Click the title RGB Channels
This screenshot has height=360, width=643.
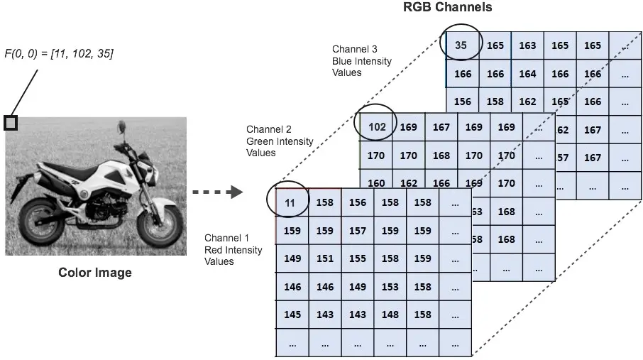click(x=447, y=7)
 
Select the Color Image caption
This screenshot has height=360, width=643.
click(x=94, y=273)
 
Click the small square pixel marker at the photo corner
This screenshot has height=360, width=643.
click(x=11, y=123)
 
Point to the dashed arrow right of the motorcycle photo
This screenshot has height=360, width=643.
click(x=218, y=192)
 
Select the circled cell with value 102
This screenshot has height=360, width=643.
click(x=376, y=127)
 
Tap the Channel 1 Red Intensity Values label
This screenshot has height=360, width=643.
click(x=233, y=249)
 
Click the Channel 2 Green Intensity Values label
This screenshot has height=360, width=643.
click(x=280, y=141)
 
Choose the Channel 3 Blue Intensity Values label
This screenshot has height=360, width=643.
click(x=362, y=61)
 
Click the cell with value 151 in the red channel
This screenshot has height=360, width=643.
click(x=325, y=258)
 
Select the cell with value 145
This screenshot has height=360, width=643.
click(x=292, y=315)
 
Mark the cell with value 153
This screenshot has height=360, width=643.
click(x=390, y=287)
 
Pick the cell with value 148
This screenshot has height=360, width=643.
click(x=390, y=315)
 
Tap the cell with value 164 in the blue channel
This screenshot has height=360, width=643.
click(x=527, y=74)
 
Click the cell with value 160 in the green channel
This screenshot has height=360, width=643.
click(x=376, y=182)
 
